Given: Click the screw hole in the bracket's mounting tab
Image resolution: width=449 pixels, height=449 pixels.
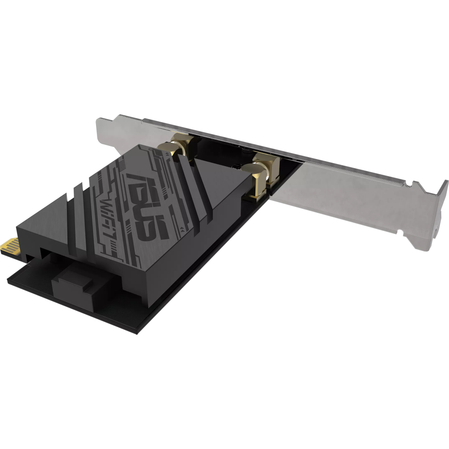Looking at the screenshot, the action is pos(436,229).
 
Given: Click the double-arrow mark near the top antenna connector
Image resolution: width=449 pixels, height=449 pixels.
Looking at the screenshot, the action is pos(167,154).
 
